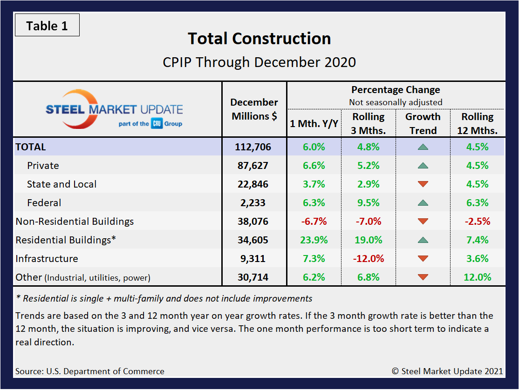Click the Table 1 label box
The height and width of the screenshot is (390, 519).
(x=47, y=26)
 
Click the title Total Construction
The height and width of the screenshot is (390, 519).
(x=259, y=39)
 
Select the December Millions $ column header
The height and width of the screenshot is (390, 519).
(x=254, y=109)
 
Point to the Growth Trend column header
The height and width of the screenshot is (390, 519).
(x=423, y=123)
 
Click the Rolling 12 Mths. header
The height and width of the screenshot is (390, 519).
(x=478, y=123)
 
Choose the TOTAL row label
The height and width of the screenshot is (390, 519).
(x=31, y=147)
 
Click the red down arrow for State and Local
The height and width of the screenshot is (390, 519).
(x=423, y=184)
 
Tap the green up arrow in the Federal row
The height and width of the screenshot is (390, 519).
(x=423, y=203)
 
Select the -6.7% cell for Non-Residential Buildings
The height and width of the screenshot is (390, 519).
(x=314, y=222)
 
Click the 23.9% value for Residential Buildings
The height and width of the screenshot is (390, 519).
(x=314, y=240)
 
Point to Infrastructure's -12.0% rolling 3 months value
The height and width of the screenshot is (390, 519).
(x=369, y=259)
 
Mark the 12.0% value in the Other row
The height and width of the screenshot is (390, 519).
(x=478, y=277)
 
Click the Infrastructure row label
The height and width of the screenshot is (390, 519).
(x=47, y=259)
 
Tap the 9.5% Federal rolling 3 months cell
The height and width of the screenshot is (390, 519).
(x=369, y=203)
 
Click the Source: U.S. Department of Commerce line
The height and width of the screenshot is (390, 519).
(x=89, y=371)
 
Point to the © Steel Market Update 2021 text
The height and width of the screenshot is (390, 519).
(x=447, y=371)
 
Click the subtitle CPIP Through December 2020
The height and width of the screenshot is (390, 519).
(x=259, y=62)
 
